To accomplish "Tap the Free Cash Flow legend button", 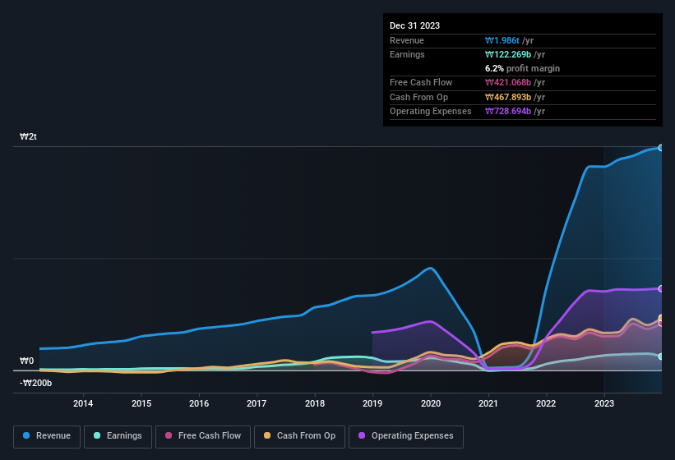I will tap(201, 436).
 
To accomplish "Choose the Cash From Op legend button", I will tap(300, 436).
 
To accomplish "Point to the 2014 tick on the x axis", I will tap(83, 403).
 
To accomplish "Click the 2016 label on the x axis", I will tap(199, 403).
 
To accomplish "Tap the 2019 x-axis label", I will tap(372, 403).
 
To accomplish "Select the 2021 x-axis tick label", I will tap(488, 403).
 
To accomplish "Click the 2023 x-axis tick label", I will tap(604, 403).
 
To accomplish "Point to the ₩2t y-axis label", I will tap(29, 136).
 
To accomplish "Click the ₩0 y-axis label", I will tap(27, 361).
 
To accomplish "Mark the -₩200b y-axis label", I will tap(36, 383).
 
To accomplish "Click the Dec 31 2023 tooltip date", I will tap(414, 25).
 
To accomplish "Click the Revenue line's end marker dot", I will tap(661, 148).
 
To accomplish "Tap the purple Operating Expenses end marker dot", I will tap(661, 288).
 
